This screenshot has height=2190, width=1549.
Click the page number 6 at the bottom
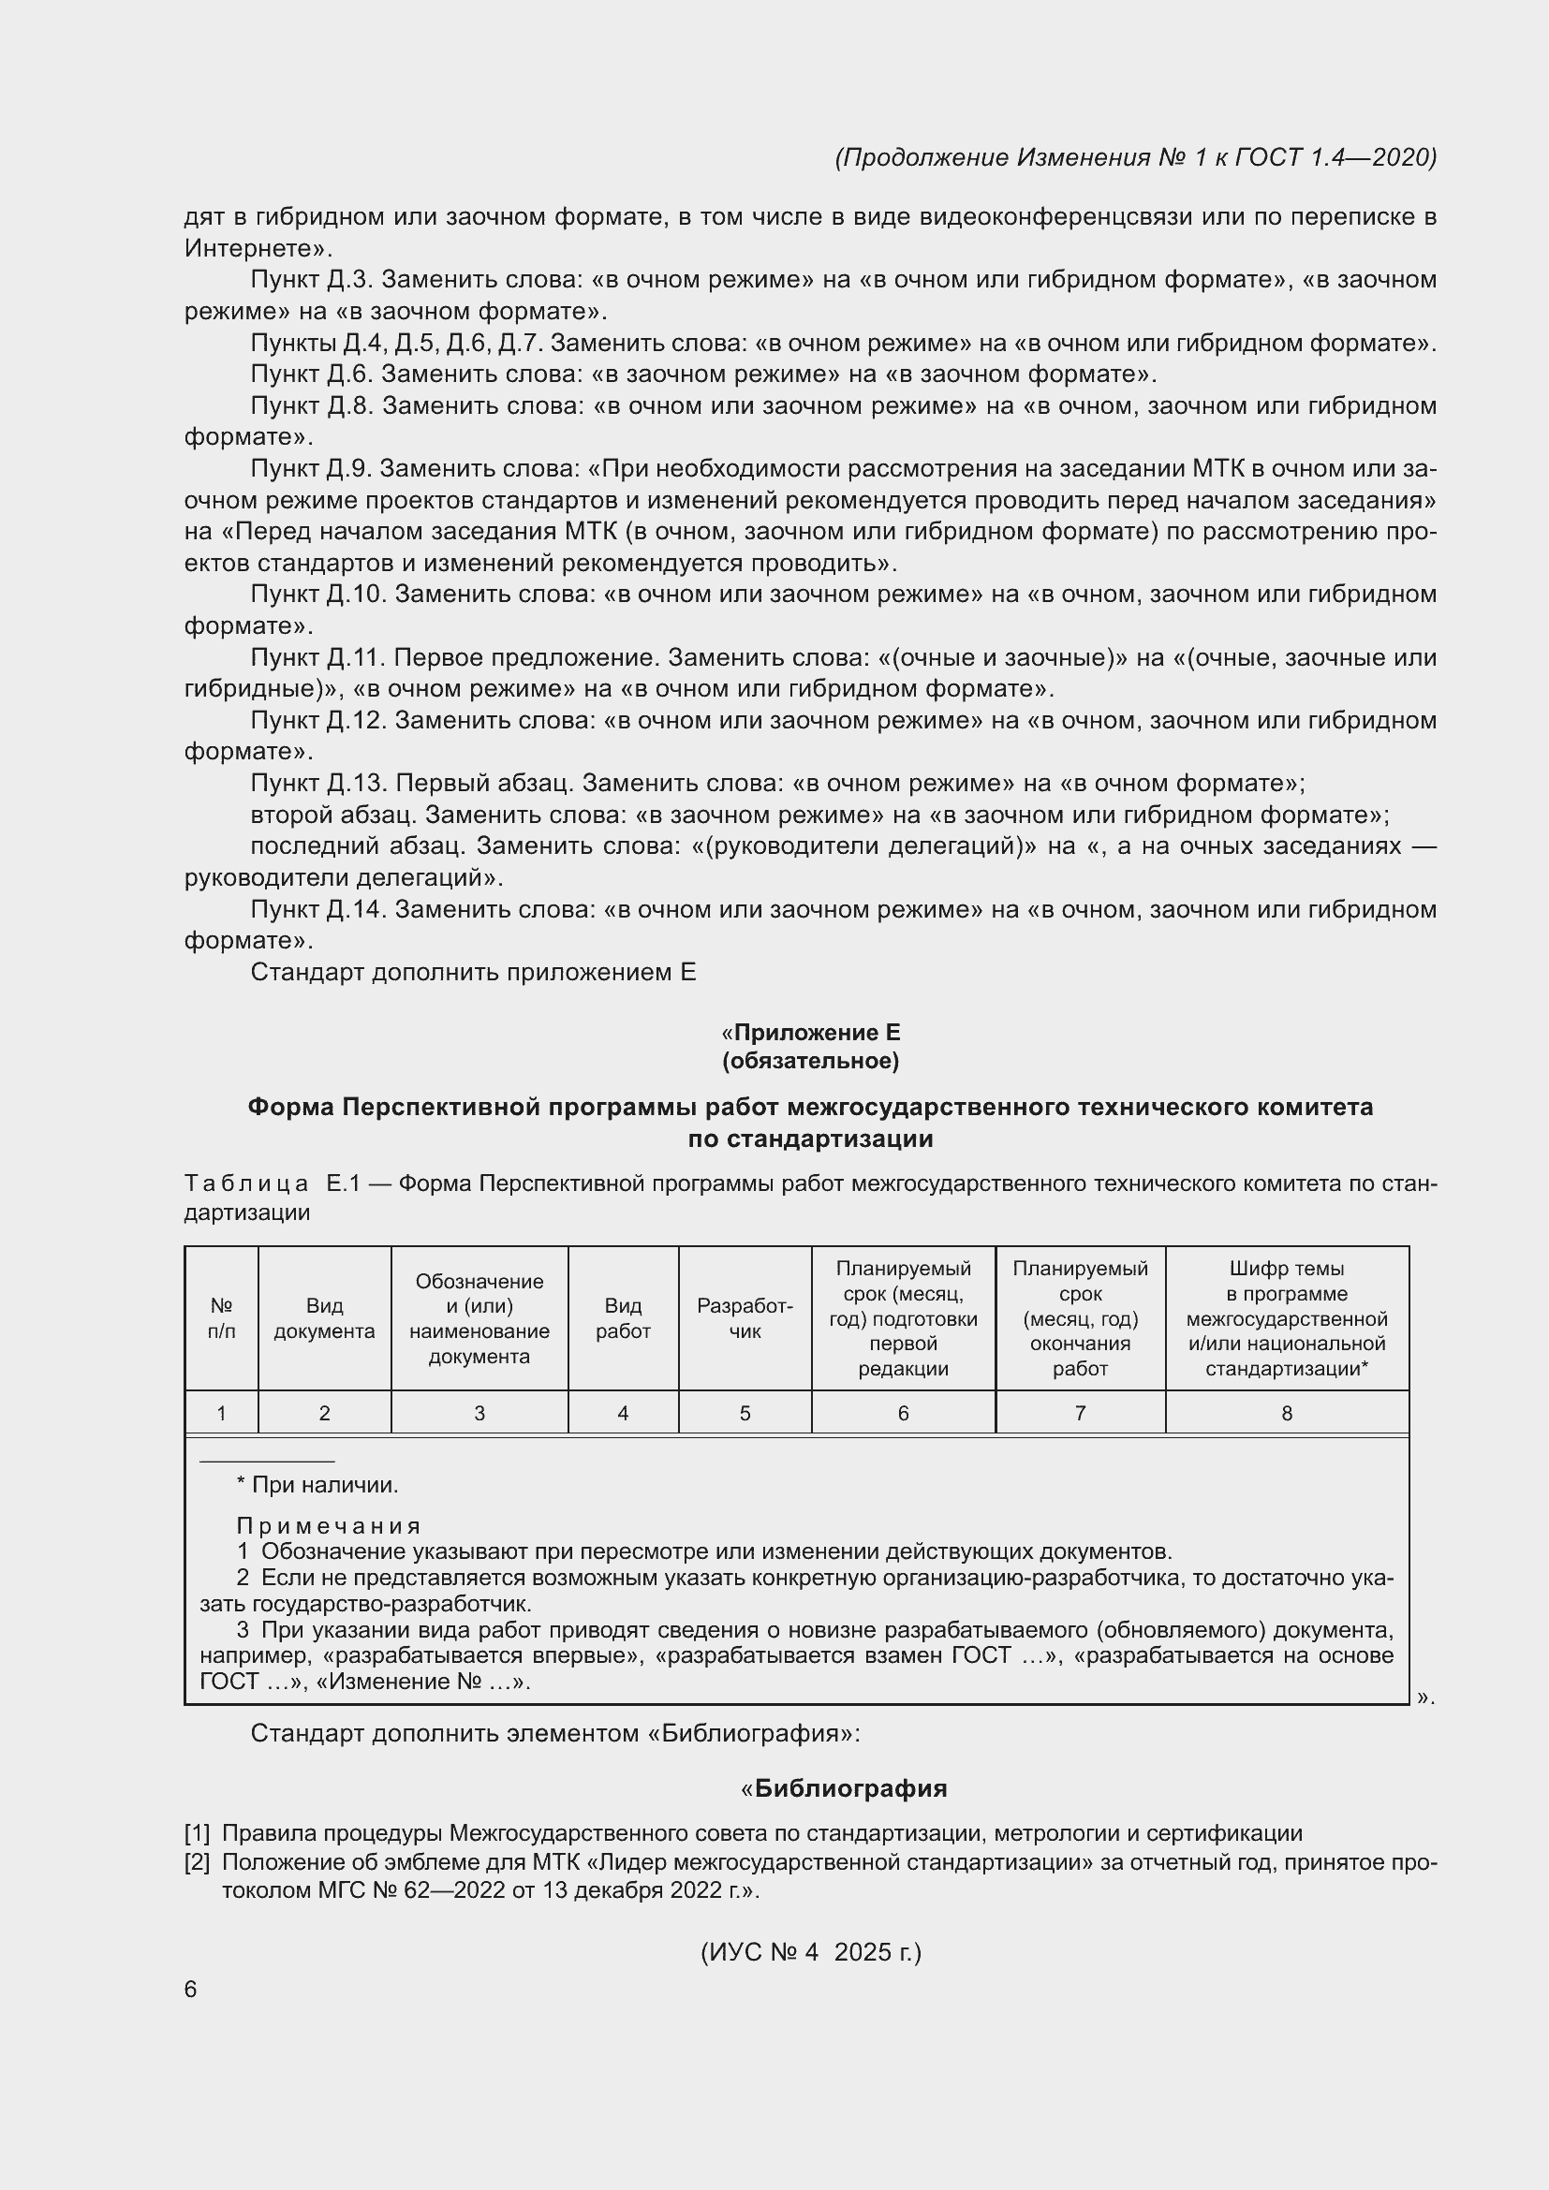coord(191,1989)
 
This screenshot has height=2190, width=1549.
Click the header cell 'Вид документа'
coord(324,1318)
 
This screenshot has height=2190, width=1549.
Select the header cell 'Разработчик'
coord(744,1318)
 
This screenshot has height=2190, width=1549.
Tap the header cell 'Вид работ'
coord(623,1318)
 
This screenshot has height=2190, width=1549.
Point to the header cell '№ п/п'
coord(221,1318)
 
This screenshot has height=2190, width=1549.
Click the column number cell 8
coord(1287,1414)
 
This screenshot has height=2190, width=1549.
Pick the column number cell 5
coord(744,1414)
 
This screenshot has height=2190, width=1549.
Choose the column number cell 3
coord(479,1414)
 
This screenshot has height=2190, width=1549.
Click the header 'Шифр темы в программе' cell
coord(1287,1318)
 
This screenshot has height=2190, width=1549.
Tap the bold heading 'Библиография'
coord(849,1788)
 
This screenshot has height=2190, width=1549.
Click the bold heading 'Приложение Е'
coord(817,1032)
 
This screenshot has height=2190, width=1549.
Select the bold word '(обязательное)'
coord(811,1061)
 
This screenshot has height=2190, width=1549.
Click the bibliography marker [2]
coord(198,1862)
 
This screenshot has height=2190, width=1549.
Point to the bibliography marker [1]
coord(198,1833)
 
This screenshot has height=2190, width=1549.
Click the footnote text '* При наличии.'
coord(317,1485)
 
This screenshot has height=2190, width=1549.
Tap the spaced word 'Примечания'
coord(328,1526)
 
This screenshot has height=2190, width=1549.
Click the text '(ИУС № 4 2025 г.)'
coord(811,1952)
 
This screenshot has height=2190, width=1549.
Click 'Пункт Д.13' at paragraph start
coord(318,783)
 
